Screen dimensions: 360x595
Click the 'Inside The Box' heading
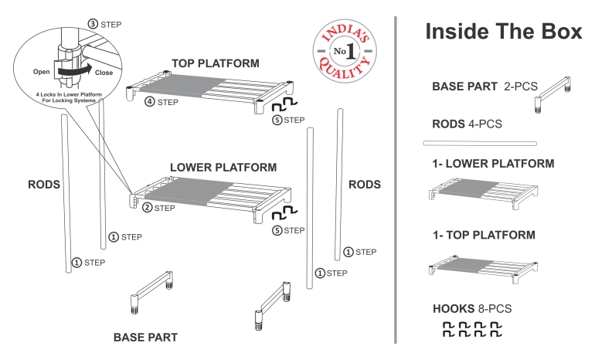click(502, 32)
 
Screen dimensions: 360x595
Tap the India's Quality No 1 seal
click(339, 51)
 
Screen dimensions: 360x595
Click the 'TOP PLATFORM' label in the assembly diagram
click(216, 63)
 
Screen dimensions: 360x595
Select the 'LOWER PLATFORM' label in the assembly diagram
click(223, 167)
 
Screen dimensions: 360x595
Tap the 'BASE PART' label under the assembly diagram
click(145, 338)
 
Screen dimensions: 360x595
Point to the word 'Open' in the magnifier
click(42, 71)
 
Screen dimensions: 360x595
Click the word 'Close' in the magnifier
click(104, 71)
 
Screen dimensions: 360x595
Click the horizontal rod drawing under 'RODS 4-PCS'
click(480, 143)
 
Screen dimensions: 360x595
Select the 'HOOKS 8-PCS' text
click(471, 309)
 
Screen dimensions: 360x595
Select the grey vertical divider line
click(396, 178)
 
